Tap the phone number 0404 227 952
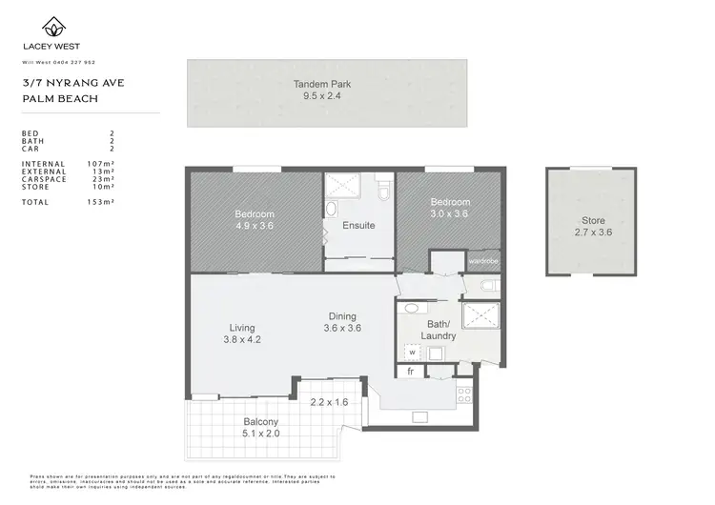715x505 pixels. (x=93, y=62)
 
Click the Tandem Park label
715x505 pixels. (x=327, y=83)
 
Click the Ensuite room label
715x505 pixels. (x=358, y=226)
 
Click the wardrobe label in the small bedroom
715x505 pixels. (x=482, y=260)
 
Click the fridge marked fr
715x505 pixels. (x=411, y=372)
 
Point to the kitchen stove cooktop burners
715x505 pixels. (x=465, y=394)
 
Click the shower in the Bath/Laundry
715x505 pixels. (x=480, y=314)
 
